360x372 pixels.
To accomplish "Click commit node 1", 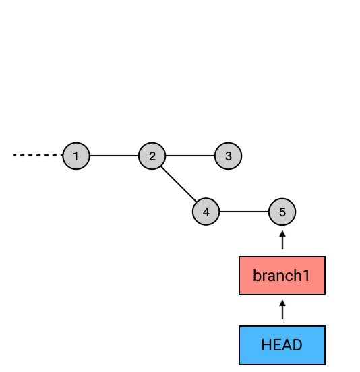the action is [x=76, y=156].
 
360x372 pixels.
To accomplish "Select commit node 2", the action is [x=152, y=156].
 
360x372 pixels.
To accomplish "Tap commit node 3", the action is [x=228, y=156].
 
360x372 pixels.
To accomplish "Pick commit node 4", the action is [x=206, y=212].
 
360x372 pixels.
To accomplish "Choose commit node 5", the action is [x=282, y=212].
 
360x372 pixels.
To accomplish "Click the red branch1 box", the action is [x=282, y=276].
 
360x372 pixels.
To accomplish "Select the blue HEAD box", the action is [x=282, y=345].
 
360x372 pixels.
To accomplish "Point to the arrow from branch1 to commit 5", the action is [x=282, y=240].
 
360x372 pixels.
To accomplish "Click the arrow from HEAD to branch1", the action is [x=282, y=309].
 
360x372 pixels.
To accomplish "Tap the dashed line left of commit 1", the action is [x=38, y=156].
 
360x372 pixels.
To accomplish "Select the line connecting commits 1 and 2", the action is [x=114, y=156].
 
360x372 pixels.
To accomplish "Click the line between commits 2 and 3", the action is [x=190, y=156].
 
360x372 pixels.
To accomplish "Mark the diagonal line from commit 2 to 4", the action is [x=179, y=184].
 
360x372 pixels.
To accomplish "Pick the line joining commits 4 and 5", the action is [x=244, y=212].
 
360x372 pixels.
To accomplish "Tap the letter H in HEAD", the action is [x=266, y=345].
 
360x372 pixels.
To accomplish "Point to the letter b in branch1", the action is [x=258, y=275].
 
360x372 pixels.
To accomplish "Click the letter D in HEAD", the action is [x=297, y=345].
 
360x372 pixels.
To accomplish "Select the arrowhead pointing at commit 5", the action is [x=282, y=234].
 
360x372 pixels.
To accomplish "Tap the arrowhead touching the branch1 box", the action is [x=282, y=303].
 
